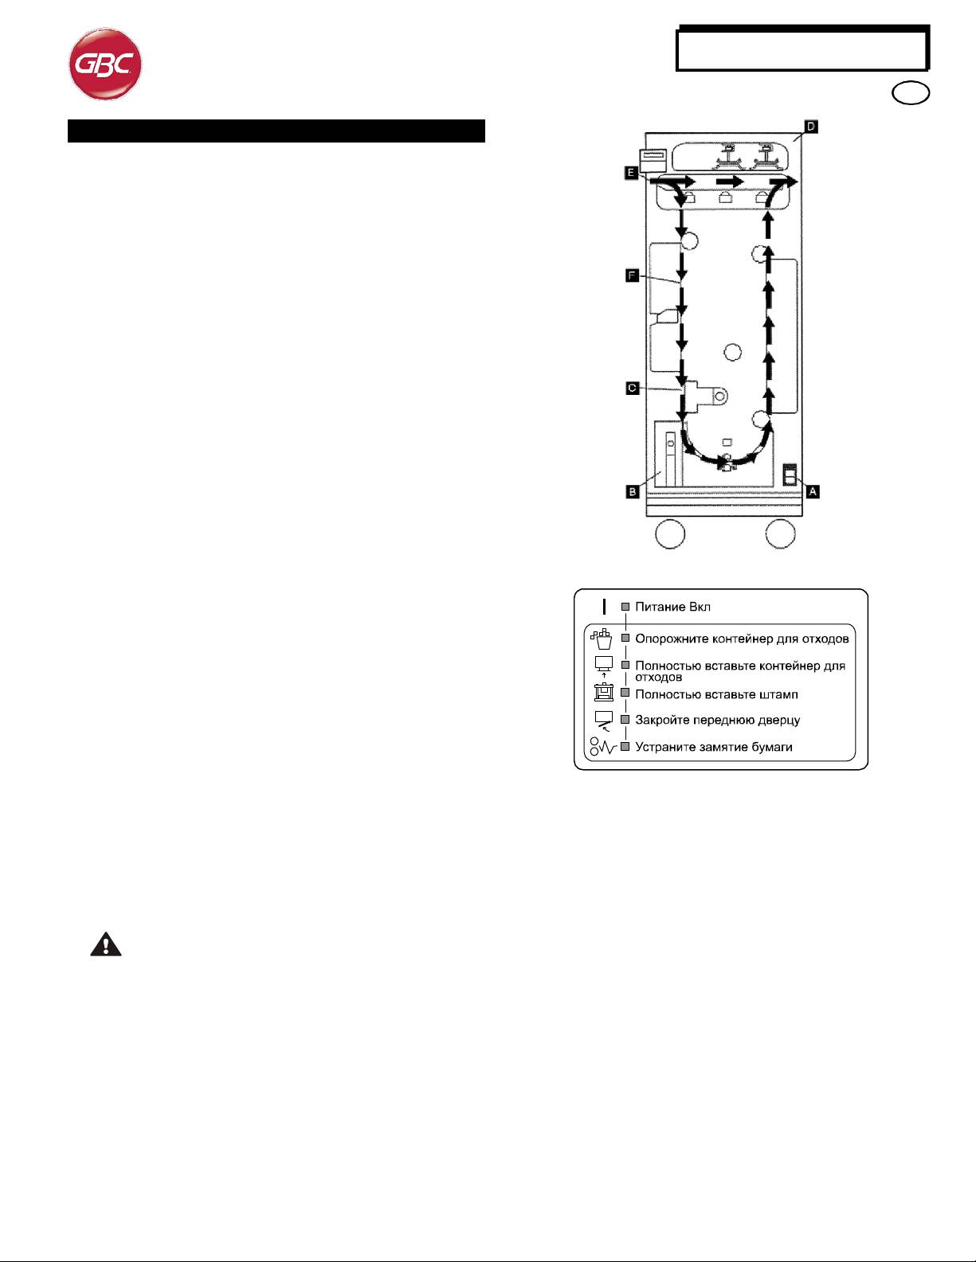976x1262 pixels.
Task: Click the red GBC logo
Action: [x=105, y=64]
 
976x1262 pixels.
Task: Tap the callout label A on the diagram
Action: [x=813, y=491]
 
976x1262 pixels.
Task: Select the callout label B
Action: [x=633, y=491]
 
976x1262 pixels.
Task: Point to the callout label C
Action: [x=633, y=388]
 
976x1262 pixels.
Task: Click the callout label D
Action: [x=811, y=127]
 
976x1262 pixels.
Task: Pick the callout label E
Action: [x=631, y=173]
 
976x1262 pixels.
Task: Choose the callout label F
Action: [x=632, y=275]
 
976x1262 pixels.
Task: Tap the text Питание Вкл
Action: [x=672, y=607]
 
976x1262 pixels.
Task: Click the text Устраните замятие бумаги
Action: [x=713, y=747]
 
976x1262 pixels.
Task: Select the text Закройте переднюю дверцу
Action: [x=718, y=720]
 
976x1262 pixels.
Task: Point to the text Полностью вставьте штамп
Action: [x=716, y=694]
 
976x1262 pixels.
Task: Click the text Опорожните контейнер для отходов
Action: [x=742, y=639]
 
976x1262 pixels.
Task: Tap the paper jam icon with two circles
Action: [x=602, y=747]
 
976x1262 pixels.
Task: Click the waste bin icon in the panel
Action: [x=602, y=639]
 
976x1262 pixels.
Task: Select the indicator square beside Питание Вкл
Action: [x=625, y=607]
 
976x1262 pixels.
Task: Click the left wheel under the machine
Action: [x=670, y=533]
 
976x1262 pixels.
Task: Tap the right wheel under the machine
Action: [x=780, y=533]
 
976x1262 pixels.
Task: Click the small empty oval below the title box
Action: [x=911, y=93]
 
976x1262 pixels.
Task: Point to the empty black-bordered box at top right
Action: [x=803, y=49]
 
